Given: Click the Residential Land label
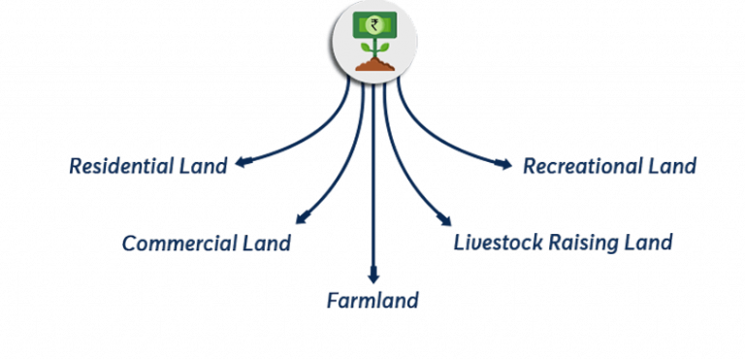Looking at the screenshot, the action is (148, 166).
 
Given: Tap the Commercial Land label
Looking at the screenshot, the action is (207, 243).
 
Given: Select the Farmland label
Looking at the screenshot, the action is (372, 300).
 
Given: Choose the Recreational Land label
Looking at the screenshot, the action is (609, 166).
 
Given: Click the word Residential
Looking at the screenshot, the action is (121, 166).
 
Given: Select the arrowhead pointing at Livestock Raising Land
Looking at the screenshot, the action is (444, 222).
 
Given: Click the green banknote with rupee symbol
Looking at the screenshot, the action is (373, 24).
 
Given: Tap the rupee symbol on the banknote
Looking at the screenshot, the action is (373, 24).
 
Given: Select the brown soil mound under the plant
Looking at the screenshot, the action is (373, 65).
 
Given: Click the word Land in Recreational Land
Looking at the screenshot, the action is (671, 166).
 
